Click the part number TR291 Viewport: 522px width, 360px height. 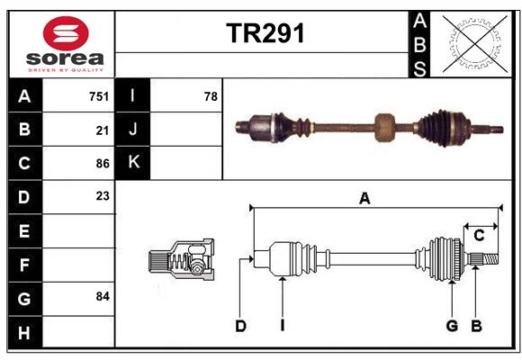[265, 33]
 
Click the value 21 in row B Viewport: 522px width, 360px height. [103, 130]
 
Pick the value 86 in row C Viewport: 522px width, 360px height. [103, 164]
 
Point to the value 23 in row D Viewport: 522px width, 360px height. [103, 195]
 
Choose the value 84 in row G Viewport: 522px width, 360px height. [103, 296]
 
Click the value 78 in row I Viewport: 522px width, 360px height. [211, 96]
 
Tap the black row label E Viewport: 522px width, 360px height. [24, 231]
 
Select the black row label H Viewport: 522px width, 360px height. [24, 333]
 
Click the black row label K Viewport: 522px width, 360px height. [133, 163]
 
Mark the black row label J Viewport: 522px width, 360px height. [133, 130]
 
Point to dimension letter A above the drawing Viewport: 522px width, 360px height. [364, 199]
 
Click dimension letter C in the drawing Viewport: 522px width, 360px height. [479, 236]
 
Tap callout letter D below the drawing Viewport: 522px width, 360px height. [240, 326]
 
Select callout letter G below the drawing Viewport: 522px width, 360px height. [452, 326]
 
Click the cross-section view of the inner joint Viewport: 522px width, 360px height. [183, 261]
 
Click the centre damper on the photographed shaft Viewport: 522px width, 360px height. [386, 127]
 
